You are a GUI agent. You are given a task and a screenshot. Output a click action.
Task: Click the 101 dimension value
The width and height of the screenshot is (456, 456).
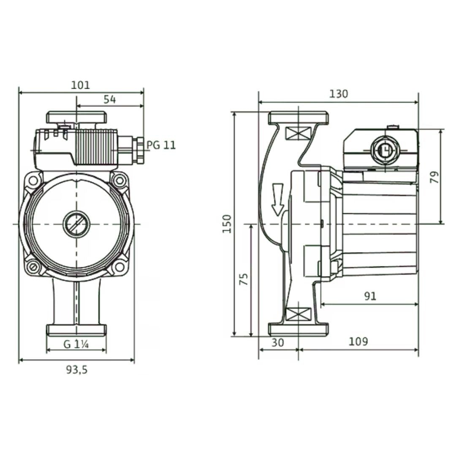tap(81, 85)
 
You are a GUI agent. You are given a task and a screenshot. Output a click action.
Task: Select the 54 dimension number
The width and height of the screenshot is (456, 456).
tap(110, 100)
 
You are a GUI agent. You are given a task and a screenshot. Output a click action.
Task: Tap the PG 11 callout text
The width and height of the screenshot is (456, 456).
tap(161, 145)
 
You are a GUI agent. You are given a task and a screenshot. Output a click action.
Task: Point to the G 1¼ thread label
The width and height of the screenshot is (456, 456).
tap(76, 345)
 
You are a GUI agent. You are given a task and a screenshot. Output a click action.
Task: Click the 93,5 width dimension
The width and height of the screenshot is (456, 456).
tap(76, 369)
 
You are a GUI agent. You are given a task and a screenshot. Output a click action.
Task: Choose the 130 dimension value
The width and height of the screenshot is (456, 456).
tap(339, 94)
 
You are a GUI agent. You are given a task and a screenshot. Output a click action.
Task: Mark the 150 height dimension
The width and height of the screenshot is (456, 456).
tap(227, 224)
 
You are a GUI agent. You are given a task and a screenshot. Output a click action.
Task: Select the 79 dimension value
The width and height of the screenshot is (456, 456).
tap(434, 177)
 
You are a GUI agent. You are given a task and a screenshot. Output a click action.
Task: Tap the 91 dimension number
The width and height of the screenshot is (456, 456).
tap(370, 296)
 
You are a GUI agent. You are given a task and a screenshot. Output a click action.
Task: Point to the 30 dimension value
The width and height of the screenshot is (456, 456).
tap(277, 342)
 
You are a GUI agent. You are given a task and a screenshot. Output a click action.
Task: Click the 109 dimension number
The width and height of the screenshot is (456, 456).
tap(358, 342)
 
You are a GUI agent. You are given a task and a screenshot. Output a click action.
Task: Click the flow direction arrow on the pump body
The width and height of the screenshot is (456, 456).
tap(277, 199)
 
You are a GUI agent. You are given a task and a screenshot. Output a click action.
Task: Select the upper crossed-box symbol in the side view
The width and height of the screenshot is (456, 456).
tap(299, 133)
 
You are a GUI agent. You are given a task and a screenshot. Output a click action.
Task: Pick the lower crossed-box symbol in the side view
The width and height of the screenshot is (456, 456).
tap(299, 315)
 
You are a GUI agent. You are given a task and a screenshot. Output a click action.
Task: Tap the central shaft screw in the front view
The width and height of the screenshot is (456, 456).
tap(76, 224)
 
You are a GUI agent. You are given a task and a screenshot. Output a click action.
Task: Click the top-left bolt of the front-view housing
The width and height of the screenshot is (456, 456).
tap(33, 181)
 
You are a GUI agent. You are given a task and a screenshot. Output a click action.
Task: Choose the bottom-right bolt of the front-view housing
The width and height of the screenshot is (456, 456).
tap(119, 266)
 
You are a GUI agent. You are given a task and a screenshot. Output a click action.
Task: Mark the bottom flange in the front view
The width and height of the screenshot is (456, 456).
tap(76, 330)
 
